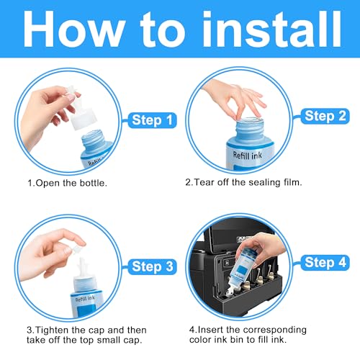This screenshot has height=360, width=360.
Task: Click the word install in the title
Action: [x=272, y=29]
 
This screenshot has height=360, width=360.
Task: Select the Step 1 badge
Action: [x=152, y=120]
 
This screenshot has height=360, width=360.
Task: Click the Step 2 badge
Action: [x=325, y=116]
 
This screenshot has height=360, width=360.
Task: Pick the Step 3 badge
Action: [x=152, y=266]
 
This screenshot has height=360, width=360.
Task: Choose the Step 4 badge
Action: [x=325, y=263]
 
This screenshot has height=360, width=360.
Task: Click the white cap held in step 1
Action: [x=81, y=109]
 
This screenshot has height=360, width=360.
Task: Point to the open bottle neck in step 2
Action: [x=250, y=130]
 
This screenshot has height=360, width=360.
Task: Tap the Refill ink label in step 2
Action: [x=247, y=156]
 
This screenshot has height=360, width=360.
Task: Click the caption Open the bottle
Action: [x=67, y=183]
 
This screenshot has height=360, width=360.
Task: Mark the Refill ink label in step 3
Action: [x=85, y=299]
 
